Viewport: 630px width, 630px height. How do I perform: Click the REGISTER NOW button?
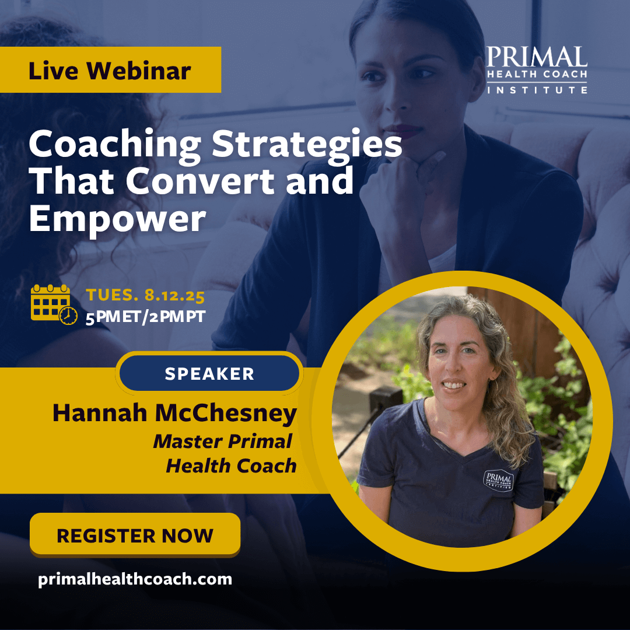[x=135, y=534]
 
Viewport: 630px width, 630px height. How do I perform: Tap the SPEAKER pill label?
[x=209, y=373]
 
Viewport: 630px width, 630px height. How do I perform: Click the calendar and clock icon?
[x=54, y=304]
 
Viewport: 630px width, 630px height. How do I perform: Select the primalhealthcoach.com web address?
[x=135, y=579]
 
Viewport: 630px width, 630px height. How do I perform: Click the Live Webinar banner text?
[x=110, y=71]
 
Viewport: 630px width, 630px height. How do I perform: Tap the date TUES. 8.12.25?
[x=145, y=295]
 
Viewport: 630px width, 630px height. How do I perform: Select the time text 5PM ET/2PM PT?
[x=145, y=317]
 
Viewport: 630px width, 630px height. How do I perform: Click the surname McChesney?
[x=226, y=413]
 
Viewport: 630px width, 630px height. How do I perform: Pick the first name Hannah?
[x=100, y=412]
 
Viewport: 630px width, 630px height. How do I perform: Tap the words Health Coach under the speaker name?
[x=232, y=466]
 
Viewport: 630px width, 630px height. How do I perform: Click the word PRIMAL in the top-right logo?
[x=537, y=57]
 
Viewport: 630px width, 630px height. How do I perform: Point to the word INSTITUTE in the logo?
[x=537, y=90]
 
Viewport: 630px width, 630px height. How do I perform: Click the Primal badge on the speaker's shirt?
[x=498, y=481]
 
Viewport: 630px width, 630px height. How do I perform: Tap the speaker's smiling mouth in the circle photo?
[x=454, y=384]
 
